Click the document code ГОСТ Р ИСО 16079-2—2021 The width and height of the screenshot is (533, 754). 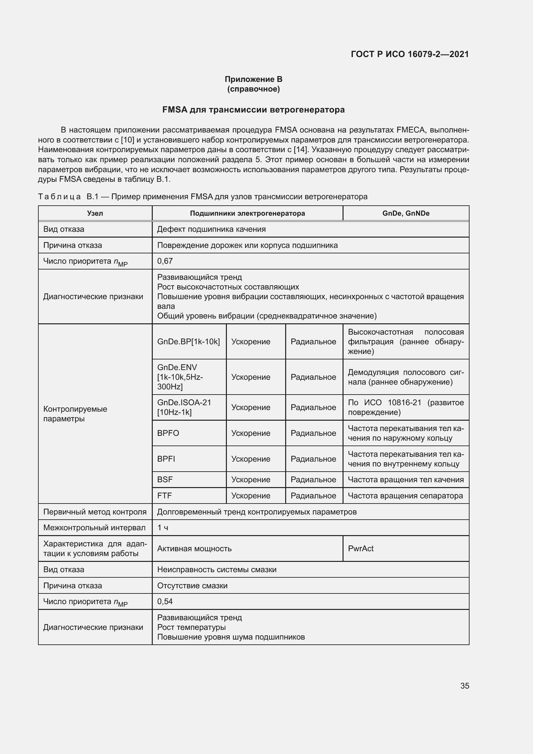click(x=410, y=54)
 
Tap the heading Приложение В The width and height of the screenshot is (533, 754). click(x=253, y=79)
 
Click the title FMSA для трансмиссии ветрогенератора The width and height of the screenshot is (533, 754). click(x=253, y=110)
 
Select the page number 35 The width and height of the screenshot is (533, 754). click(x=464, y=686)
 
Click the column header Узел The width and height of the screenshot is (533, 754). click(x=95, y=213)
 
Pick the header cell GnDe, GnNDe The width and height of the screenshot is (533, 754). click(x=406, y=213)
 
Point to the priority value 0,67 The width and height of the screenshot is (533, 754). click(x=165, y=261)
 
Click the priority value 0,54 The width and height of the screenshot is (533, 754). click(x=165, y=601)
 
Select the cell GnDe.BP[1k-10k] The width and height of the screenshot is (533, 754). click(x=189, y=341)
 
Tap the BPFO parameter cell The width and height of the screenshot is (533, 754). click(x=168, y=433)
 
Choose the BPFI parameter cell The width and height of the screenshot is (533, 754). click(x=166, y=459)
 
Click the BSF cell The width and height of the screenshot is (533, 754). click(x=165, y=479)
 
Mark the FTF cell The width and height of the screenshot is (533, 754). click(x=164, y=495)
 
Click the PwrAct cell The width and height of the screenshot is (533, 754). click(x=361, y=548)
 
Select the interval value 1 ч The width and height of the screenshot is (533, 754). click(x=163, y=528)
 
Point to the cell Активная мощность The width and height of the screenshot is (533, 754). click(x=194, y=548)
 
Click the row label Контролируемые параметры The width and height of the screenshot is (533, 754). click(x=75, y=414)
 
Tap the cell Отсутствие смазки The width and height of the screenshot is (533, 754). click(x=192, y=585)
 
